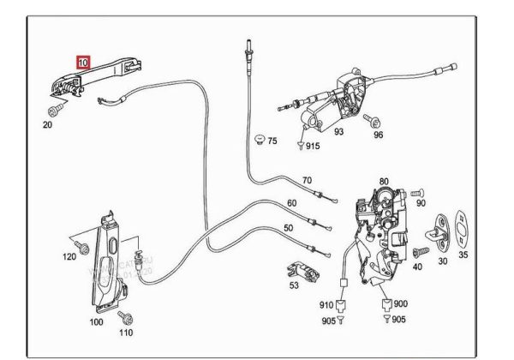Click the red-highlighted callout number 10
point(82,63)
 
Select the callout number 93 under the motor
point(338,132)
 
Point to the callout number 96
point(378,135)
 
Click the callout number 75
point(272,141)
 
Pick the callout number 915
point(311,147)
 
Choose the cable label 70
point(308,180)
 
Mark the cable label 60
point(291,203)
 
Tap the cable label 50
point(288,227)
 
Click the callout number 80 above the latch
point(384,183)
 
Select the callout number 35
point(464,255)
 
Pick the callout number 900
point(400,303)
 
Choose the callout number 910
point(326,304)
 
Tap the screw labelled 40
point(420,252)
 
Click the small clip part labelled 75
point(259,138)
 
